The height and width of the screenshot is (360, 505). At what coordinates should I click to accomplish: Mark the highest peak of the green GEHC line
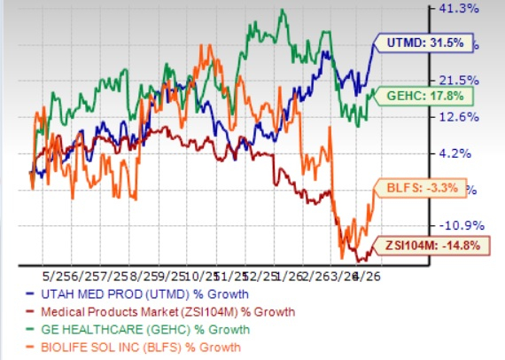282,10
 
